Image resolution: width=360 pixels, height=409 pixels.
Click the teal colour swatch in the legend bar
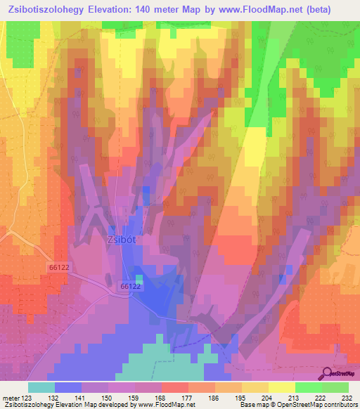coord(41,387)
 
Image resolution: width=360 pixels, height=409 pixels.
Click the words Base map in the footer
coord(253,405)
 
